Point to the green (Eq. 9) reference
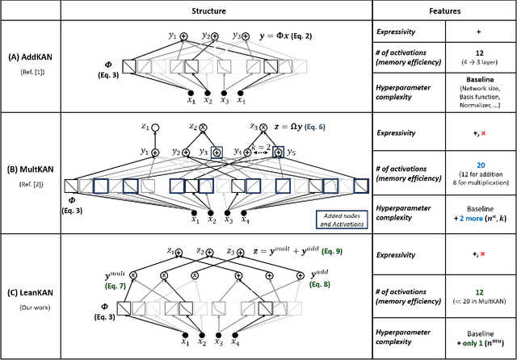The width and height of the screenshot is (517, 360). pyautogui.click(x=343, y=253)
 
